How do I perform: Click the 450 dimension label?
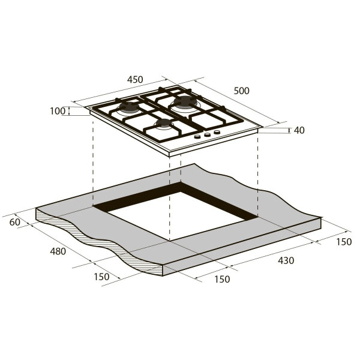tap(135, 79)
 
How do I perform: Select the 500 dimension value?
tap(242, 91)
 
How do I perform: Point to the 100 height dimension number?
tap(58, 111)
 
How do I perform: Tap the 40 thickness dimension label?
tap(299, 130)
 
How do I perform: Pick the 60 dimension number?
tap(15, 222)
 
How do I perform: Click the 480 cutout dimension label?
tap(58, 251)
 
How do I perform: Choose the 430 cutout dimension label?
tap(286, 260)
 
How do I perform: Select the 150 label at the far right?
tap(344, 242)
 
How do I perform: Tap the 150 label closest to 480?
tap(101, 277)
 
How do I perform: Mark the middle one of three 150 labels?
tap(222, 279)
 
